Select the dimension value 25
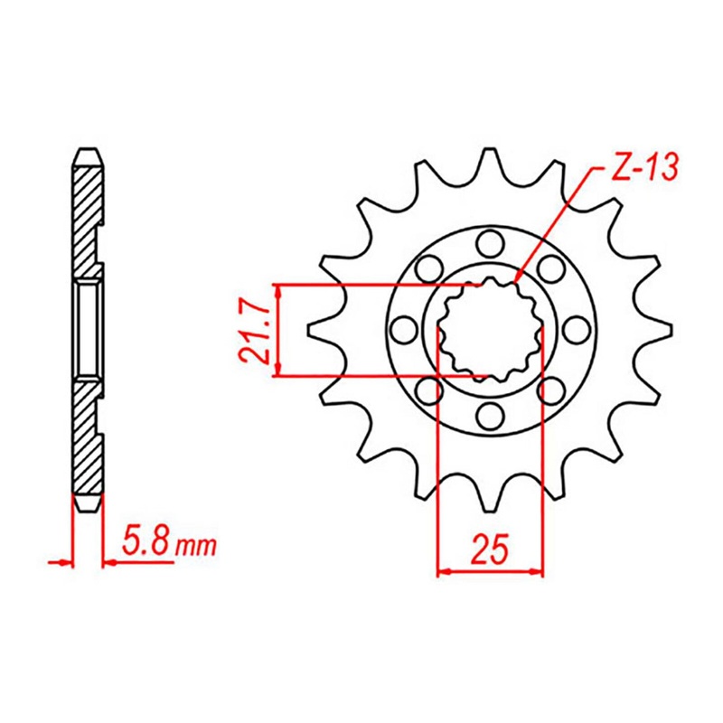(x=490, y=549)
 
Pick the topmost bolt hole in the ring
(x=489, y=243)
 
